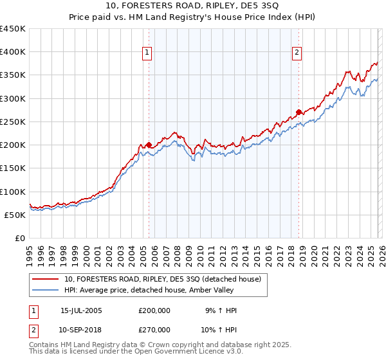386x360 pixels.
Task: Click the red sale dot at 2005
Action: [149, 145]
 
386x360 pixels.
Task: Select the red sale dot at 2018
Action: [299, 112]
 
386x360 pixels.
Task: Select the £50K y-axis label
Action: [15, 215]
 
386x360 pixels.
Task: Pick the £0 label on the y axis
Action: [21, 238]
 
